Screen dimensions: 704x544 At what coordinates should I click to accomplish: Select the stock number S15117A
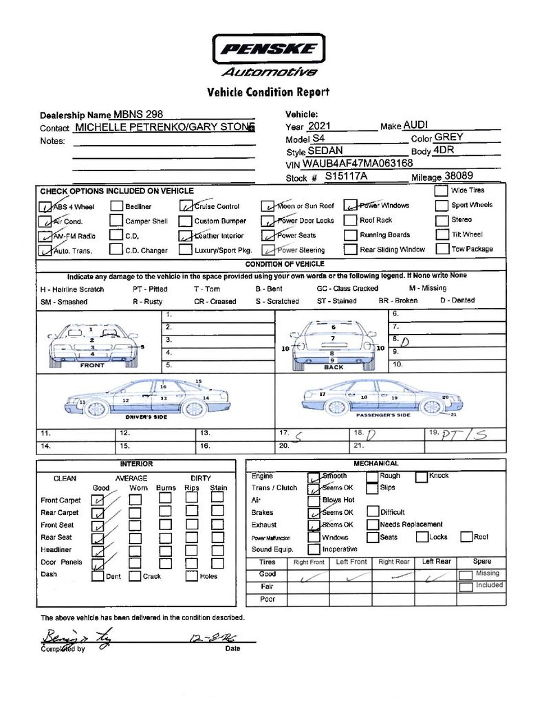coord(347,177)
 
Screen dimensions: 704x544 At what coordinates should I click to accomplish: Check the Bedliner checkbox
coord(116,206)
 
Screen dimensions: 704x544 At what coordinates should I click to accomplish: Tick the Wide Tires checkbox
coord(441,190)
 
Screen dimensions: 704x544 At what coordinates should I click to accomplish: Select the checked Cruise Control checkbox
coord(186,206)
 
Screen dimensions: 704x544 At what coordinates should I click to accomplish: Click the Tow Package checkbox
coord(441,249)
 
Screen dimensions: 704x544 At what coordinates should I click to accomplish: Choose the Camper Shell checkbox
coord(116,221)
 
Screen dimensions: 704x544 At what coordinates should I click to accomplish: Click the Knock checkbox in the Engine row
coord(421,476)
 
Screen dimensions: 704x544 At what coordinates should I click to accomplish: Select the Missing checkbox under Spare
coord(466,574)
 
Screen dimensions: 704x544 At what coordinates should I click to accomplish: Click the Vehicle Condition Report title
coord(268,92)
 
